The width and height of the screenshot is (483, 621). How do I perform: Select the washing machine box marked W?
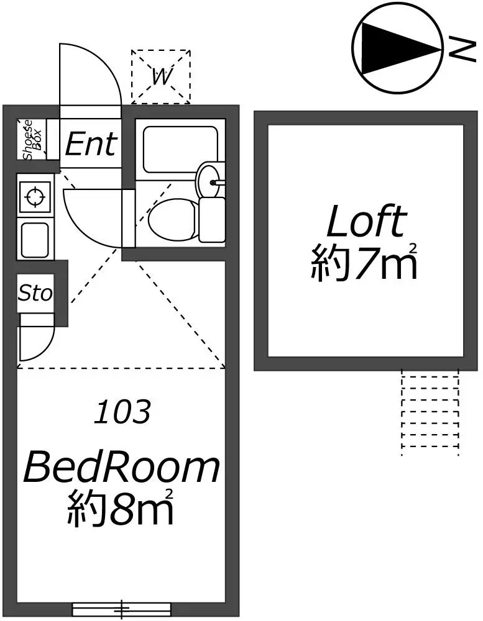coord(160,76)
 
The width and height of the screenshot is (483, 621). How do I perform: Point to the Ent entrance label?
coord(90,145)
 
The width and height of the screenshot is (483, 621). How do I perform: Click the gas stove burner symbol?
coord(34,198)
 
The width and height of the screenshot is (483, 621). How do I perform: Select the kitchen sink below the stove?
coord(35,239)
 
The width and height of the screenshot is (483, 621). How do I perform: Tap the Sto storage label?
coord(35,293)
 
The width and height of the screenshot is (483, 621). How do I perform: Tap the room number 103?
coord(122,412)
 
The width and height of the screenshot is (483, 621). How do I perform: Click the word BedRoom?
coord(121,468)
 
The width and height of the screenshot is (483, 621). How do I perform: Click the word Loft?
coord(366,222)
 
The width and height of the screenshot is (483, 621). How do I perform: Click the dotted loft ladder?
coord(430,413)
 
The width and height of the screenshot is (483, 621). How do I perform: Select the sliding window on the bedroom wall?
coord(121,609)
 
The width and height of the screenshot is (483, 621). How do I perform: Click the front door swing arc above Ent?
coord(93,71)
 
